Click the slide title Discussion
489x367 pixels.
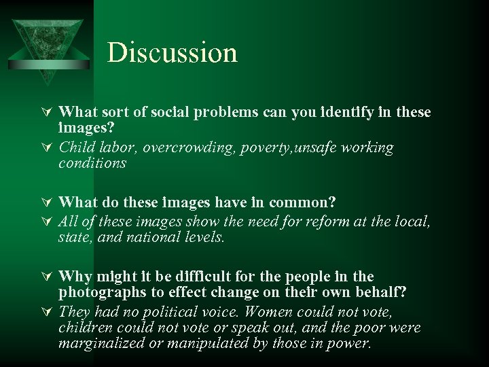173,53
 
